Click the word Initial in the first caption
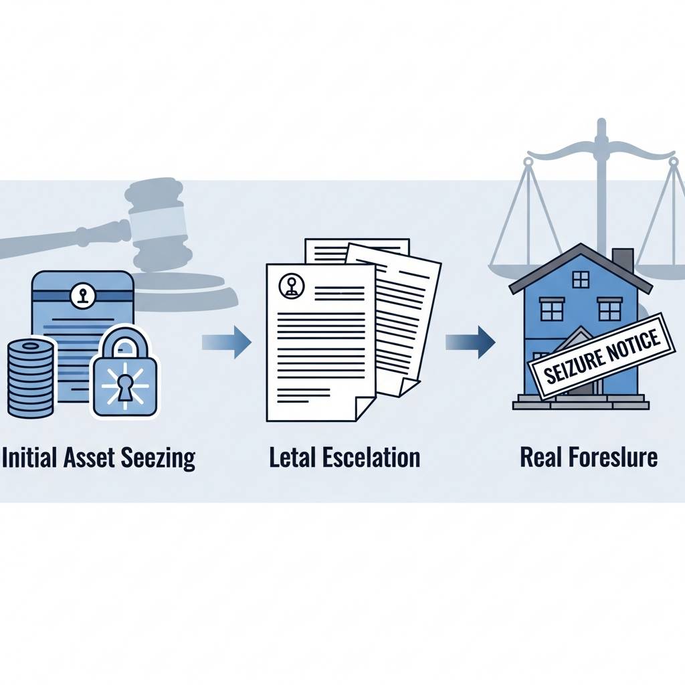(27, 458)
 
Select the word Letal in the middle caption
(292, 458)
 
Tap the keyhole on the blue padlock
(125, 387)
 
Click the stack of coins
(30, 378)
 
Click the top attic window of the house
(580, 278)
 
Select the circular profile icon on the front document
(292, 286)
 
